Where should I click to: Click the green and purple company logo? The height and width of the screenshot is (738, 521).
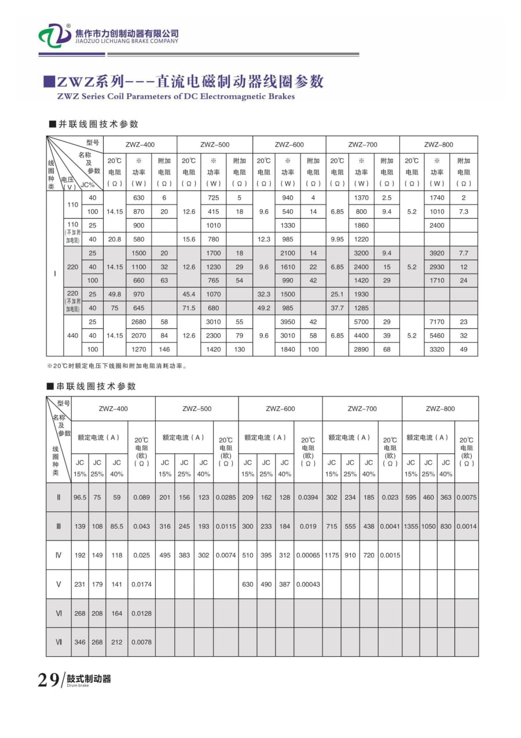[x=54, y=36]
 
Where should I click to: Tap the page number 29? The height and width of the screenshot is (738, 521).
[x=48, y=679]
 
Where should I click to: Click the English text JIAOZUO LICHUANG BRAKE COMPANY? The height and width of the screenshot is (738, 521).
[x=127, y=41]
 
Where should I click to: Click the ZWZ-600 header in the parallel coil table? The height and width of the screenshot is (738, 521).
[x=289, y=144]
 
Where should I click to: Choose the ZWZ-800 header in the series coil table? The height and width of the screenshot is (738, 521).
[x=440, y=409]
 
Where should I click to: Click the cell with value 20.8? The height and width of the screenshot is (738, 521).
[x=115, y=239]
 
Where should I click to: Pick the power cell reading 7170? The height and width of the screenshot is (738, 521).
[x=437, y=322]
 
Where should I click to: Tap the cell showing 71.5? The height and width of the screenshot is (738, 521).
[x=189, y=308]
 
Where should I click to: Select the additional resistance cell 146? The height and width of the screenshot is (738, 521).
[x=164, y=350]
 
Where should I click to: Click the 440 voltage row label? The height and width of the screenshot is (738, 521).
[x=72, y=336]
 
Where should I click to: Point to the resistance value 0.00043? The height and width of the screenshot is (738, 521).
[x=308, y=584]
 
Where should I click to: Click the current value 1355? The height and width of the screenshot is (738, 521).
[x=410, y=526]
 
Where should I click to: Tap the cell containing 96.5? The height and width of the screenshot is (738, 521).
[x=79, y=497]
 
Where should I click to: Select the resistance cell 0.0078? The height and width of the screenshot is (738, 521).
[x=141, y=642]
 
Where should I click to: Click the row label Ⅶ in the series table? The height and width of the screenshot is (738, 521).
[x=58, y=642]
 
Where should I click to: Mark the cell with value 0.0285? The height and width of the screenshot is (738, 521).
[x=226, y=497]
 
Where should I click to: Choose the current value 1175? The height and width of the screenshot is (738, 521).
[x=332, y=555]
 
